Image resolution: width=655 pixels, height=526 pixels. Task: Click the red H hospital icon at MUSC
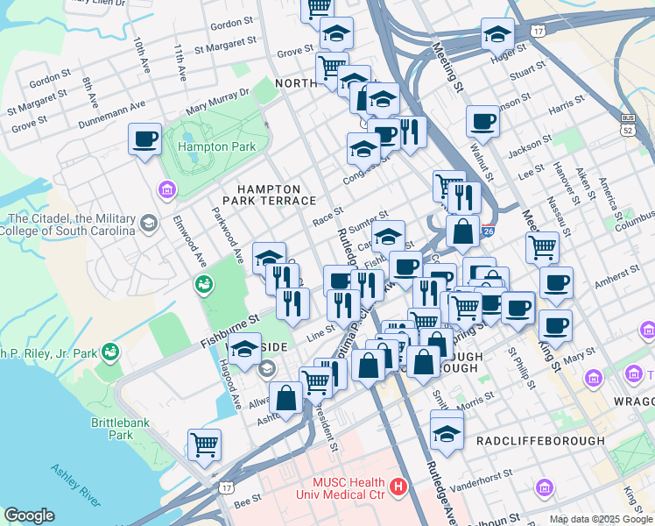coord(399,485)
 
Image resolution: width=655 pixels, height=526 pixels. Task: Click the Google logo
coord(29,515)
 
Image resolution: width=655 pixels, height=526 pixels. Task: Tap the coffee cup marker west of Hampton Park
coord(144,138)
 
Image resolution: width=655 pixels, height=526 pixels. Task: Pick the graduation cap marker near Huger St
coord(497,35)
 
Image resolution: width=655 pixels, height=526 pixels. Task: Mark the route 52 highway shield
coord(627,129)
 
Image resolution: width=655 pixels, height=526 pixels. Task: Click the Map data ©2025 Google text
coord(601,519)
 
